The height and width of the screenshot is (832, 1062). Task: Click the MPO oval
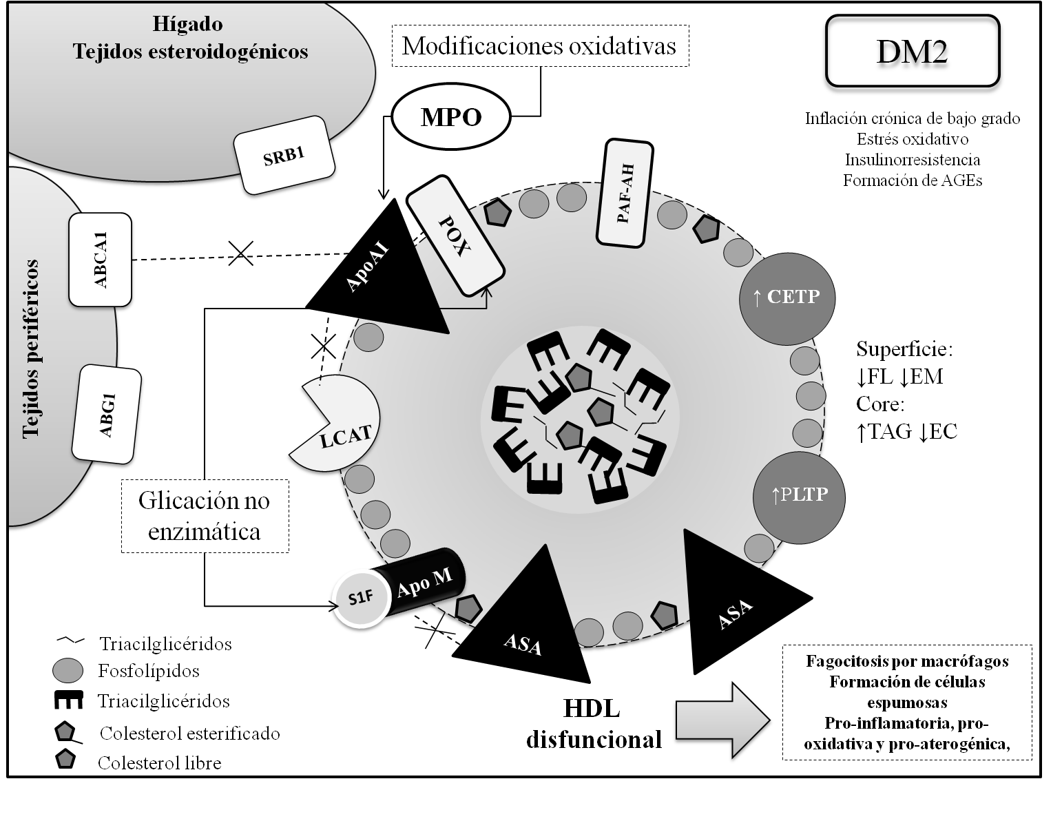click(x=451, y=118)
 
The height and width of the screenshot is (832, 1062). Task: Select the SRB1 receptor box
click(x=284, y=155)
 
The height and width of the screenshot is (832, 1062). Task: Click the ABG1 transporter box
click(x=107, y=414)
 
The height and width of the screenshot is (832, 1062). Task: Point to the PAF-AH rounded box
click(x=627, y=193)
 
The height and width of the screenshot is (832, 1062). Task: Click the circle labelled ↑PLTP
click(x=800, y=495)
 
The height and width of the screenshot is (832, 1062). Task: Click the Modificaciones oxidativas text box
click(x=539, y=46)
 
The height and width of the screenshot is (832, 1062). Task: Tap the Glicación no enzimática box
click(x=205, y=516)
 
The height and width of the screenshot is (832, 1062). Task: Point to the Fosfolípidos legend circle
click(x=67, y=671)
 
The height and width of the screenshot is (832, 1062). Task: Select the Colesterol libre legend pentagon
click(x=67, y=761)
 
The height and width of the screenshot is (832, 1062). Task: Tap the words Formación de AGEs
click(x=912, y=180)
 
